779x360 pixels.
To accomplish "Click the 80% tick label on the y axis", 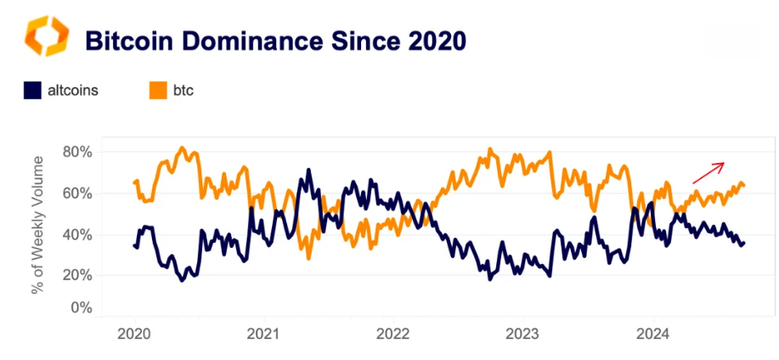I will [76, 152].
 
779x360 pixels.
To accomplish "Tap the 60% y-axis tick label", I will [76, 194].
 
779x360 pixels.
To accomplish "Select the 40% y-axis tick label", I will [76, 234].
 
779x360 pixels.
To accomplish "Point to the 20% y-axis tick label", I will [76, 275].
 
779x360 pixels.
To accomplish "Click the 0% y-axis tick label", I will [79, 307].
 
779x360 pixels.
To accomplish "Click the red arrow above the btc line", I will [708, 172].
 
